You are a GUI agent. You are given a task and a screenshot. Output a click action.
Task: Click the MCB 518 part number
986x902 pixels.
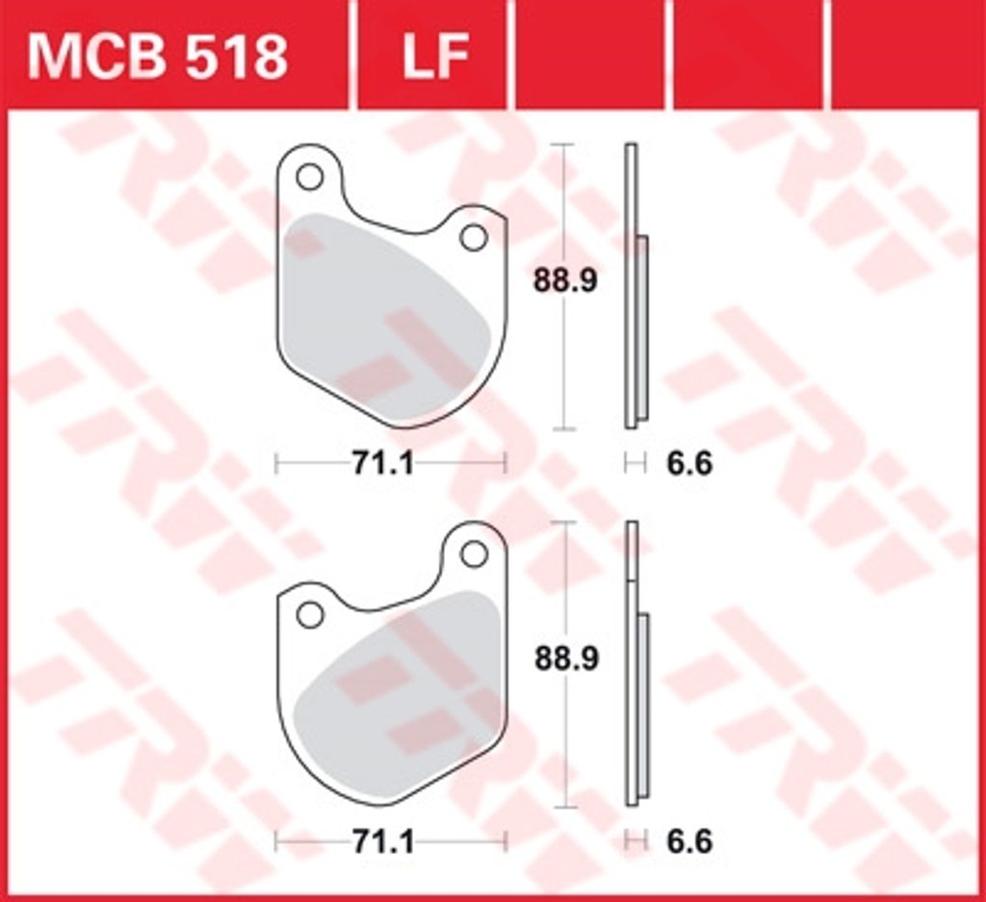point(157,57)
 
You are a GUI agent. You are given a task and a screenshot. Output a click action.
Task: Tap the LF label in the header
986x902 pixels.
point(435,57)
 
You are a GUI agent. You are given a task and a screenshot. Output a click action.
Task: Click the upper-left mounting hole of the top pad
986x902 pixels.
point(309,176)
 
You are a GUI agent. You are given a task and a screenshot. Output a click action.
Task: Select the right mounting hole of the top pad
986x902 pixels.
point(474,238)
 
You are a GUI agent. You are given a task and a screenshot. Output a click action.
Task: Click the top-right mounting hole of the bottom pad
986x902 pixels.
point(474,554)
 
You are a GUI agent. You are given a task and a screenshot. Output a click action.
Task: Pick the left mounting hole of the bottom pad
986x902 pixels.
point(309,615)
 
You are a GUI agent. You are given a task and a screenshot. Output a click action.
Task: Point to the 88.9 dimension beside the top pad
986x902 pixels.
point(565,280)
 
